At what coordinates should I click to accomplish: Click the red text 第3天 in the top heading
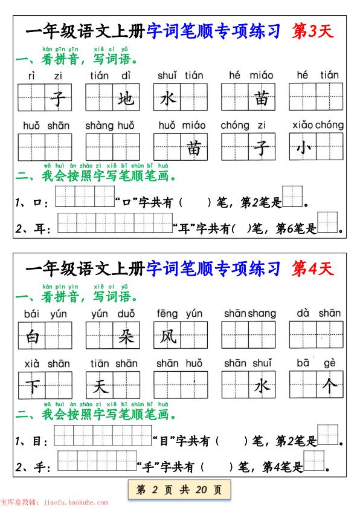click(312, 31)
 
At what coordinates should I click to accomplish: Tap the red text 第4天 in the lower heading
click(312, 268)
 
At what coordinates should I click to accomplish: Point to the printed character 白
click(32, 336)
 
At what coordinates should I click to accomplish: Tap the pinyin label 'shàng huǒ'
click(110, 125)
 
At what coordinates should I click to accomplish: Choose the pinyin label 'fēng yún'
click(179, 313)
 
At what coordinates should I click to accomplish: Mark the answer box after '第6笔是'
click(328, 222)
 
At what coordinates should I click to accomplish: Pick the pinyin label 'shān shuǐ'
click(248, 363)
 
